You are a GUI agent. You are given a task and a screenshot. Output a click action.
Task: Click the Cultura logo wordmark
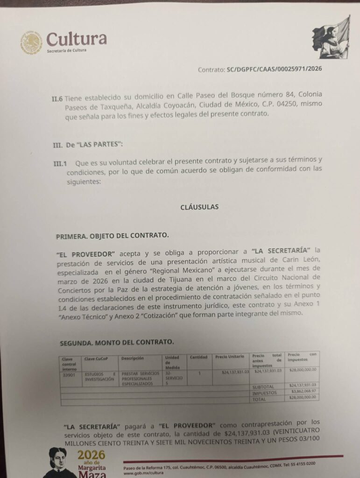(77, 39)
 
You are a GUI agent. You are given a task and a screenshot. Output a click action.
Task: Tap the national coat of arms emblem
(31, 42)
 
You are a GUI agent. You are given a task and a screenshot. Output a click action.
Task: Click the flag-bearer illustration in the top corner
(331, 37)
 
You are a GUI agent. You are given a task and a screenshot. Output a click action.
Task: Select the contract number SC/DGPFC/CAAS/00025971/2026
(274, 69)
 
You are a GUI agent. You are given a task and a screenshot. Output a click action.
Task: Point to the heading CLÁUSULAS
(199, 207)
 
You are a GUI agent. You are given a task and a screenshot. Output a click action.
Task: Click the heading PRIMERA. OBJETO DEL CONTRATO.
(112, 236)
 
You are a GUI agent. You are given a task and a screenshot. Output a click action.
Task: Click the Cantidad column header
(198, 357)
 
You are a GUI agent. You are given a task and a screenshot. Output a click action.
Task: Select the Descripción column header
(133, 358)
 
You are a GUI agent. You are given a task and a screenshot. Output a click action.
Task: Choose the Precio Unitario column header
(229, 357)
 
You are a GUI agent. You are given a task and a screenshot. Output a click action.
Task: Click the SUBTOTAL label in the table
(263, 387)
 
